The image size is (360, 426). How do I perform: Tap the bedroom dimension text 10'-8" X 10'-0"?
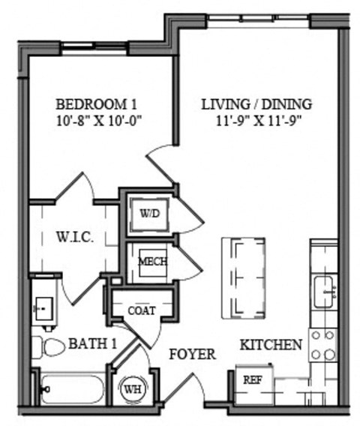98,118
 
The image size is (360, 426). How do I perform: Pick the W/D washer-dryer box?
149,213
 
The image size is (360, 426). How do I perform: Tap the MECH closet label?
152,262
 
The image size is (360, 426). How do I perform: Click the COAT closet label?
142,310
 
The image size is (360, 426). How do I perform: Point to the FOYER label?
193,354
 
